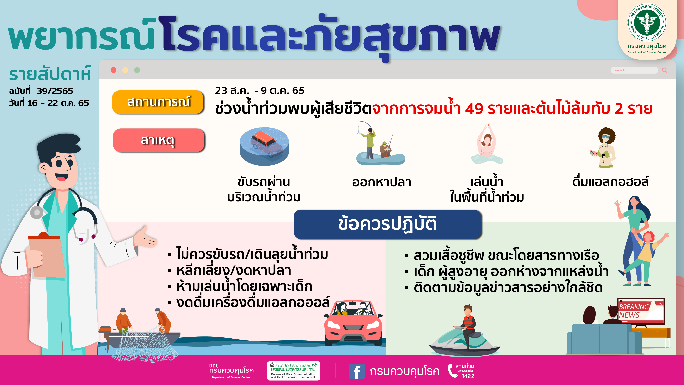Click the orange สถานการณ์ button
158,102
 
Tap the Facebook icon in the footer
357,371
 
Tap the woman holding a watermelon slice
604,147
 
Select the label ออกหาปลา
382,182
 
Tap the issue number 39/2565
55,91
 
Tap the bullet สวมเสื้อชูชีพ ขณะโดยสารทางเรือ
502,256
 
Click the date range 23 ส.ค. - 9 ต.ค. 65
260,91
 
